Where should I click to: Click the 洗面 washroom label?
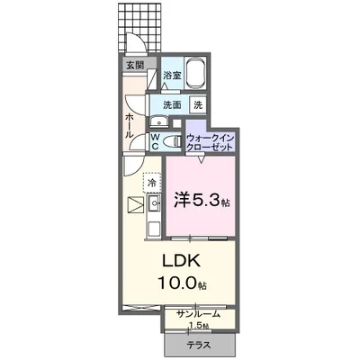171,104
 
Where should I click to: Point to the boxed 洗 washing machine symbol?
198,104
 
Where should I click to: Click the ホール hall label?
130,125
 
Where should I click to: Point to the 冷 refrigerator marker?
152,183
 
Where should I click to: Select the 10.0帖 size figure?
184,283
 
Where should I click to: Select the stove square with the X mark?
135,205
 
